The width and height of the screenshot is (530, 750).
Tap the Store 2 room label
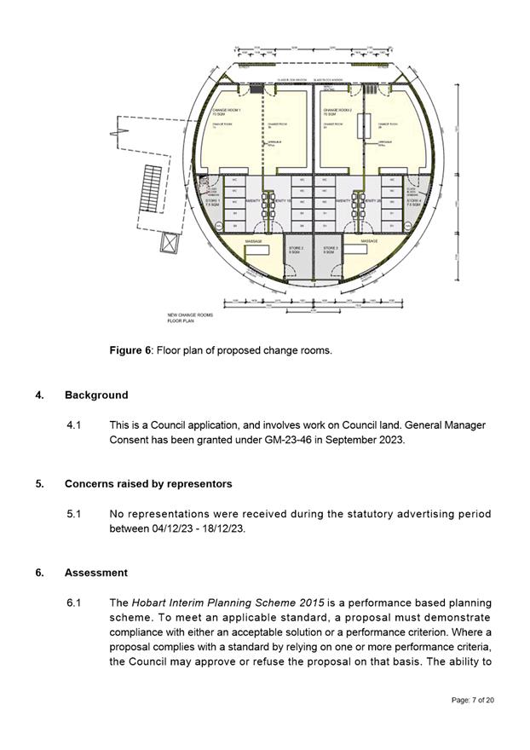(x=296, y=250)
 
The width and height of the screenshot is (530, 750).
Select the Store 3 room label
(x=331, y=250)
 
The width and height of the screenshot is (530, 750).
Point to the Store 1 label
(x=212, y=203)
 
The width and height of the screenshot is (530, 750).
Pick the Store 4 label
(x=413, y=203)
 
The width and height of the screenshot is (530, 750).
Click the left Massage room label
(x=253, y=242)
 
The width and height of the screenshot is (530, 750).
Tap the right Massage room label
(x=369, y=242)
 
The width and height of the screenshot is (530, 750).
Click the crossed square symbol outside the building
(x=170, y=242)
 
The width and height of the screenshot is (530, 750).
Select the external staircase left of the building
(x=153, y=187)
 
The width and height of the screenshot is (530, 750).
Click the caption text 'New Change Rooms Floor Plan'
(x=190, y=319)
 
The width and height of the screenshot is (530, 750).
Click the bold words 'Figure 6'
(x=128, y=350)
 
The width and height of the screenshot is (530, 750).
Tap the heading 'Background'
(x=96, y=395)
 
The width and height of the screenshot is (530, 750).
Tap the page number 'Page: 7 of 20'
(x=472, y=700)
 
